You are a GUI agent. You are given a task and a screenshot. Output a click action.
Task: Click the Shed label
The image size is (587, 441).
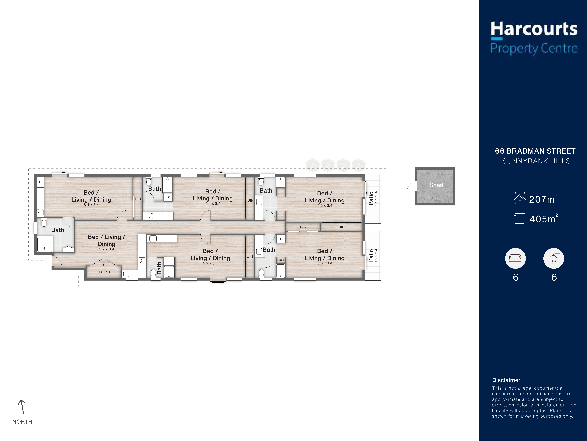coord(436,185)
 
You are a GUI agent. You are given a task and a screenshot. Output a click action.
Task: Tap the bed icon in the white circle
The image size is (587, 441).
coord(515,258)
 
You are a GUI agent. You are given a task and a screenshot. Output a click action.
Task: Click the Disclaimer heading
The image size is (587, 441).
coord(506,380)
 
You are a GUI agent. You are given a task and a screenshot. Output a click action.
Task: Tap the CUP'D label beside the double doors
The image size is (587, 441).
coord(105,272)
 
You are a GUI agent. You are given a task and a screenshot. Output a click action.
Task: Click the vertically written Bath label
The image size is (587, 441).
coord(159,268)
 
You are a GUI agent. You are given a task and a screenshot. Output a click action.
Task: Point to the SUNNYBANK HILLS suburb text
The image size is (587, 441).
coord(536,161)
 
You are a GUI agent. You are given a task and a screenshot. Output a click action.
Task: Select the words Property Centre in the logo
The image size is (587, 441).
coord(534,48)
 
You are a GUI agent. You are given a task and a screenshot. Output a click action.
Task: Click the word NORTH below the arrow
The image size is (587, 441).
coord(22,422)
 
